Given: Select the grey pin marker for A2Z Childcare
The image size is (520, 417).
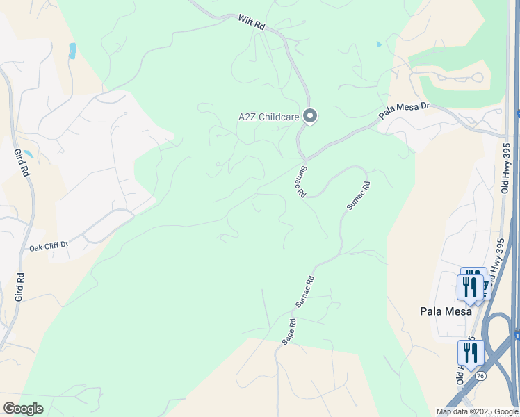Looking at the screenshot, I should pos(310,116).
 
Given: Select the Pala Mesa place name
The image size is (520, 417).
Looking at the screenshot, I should pos(446,311).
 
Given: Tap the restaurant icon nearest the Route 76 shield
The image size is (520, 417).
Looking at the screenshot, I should pos(470,352).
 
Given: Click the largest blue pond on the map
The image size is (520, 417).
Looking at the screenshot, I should pos(72,51).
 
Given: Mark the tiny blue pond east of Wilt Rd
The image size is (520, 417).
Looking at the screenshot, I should pos(378,44).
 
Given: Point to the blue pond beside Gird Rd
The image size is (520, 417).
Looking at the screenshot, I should pos(27,154).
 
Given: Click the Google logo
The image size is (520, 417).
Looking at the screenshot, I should pos(23,408).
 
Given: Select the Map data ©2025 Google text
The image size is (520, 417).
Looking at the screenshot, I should pos(478,411).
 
